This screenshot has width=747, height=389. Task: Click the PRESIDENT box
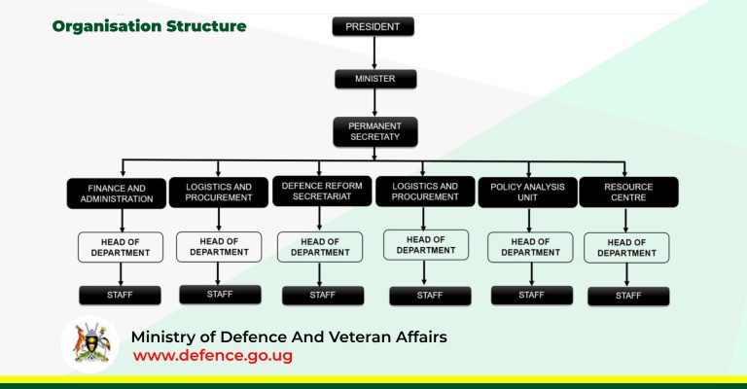[374, 26]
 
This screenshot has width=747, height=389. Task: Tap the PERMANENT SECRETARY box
[374, 131]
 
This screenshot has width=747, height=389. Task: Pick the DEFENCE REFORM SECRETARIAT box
[322, 191]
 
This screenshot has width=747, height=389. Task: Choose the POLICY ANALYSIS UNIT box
[527, 192]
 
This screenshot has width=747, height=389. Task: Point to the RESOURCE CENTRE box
[628, 192]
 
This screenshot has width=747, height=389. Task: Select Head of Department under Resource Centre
[626, 247]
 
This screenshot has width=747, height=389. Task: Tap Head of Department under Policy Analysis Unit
[530, 247]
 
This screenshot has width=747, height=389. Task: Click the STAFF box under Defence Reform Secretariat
[322, 295]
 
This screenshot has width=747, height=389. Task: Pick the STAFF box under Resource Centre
[628, 296]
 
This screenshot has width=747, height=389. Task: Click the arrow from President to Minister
[374, 53]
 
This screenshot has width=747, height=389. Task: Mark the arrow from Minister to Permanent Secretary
[374, 104]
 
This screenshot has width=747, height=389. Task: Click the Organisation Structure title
[149, 26]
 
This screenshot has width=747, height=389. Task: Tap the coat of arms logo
[90, 344]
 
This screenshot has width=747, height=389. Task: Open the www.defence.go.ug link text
[212, 356]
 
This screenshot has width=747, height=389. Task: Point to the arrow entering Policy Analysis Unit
[528, 168]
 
